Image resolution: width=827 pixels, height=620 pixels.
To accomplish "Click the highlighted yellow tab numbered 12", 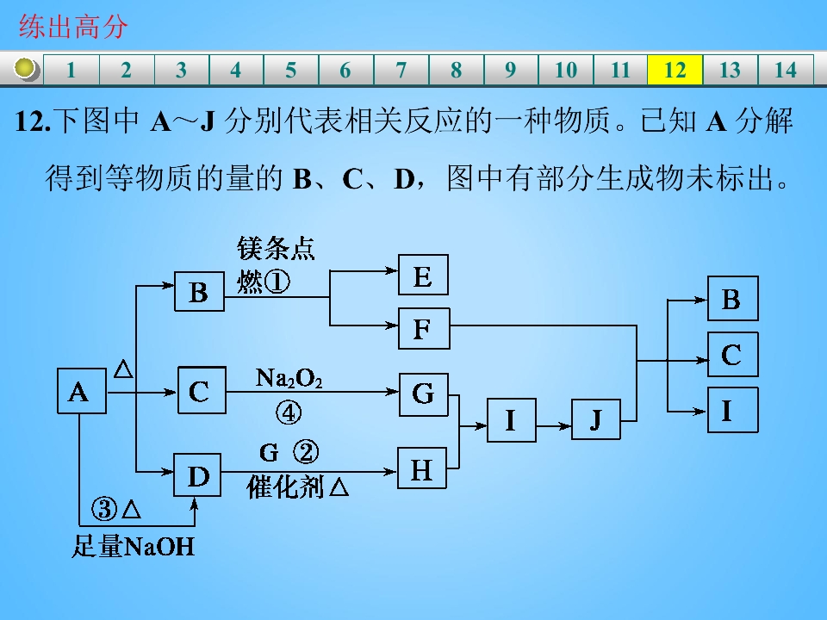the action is pos(675,70).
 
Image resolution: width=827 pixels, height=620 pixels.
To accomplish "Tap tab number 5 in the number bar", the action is pos(290,70).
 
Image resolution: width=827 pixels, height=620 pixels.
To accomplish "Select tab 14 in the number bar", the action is pos(786,70).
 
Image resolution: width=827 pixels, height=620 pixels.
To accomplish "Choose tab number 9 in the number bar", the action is pos(510,70).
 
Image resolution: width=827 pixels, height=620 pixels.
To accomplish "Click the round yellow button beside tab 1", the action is pos(25,69).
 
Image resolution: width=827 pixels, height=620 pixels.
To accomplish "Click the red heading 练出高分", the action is pos(73,27).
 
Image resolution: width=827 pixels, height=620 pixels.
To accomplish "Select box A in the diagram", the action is pos(82,391).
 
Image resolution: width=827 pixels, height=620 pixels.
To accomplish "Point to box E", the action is pos(423,275).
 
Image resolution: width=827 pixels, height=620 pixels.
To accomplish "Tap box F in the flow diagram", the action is pos(424,328).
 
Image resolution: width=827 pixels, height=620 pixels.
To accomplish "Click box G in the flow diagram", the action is pos(424,394).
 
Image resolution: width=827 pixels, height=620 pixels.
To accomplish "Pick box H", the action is pos(422,468).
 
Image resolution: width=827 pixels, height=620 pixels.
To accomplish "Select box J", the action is pos(596,419).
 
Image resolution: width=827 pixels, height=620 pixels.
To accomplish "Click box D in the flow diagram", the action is pos(197,474).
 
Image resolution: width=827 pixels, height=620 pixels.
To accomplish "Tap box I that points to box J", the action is pos(512,419).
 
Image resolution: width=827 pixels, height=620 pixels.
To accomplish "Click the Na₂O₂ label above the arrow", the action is pos(289,378).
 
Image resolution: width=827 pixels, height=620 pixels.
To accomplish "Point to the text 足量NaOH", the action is pos(133,546).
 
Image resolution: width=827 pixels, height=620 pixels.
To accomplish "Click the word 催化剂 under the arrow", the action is pos(285,487).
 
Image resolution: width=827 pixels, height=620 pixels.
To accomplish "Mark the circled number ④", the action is pos(289,412).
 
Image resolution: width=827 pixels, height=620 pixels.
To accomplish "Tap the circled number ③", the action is pos(104,509).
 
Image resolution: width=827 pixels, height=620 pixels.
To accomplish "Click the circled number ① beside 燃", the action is pos(277,282).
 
